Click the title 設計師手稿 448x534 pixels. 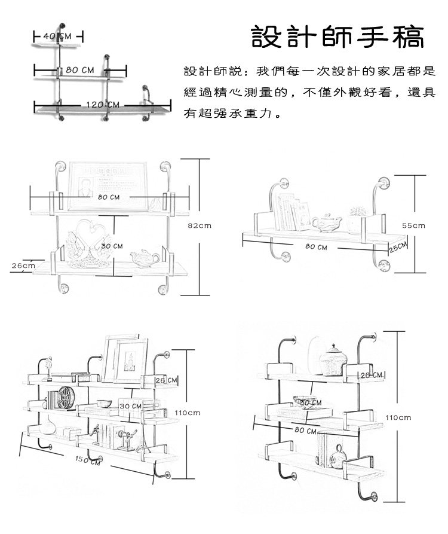(x=337, y=37)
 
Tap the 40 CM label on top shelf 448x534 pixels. (x=57, y=37)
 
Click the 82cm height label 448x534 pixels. (x=200, y=225)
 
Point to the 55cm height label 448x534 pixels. (x=413, y=225)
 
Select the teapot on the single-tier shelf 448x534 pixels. (x=326, y=222)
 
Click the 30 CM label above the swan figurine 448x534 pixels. (x=112, y=246)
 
